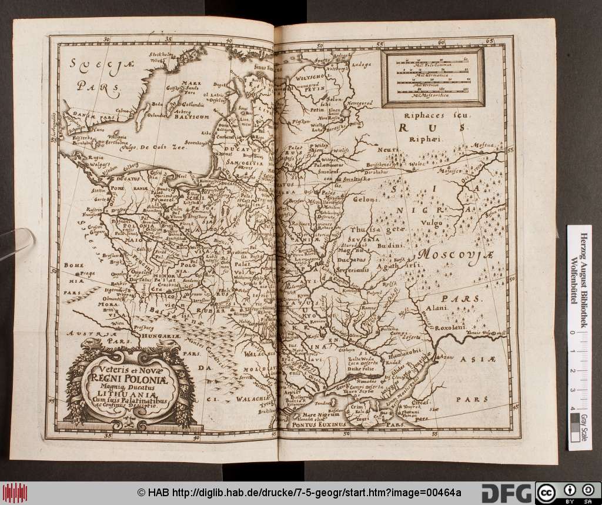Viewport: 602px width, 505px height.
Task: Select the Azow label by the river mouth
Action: coord(444,357)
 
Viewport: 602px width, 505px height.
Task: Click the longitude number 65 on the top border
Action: coord(490,42)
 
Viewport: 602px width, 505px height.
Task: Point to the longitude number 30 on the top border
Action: coord(106,41)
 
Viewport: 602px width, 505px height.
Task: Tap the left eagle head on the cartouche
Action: coord(91,345)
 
